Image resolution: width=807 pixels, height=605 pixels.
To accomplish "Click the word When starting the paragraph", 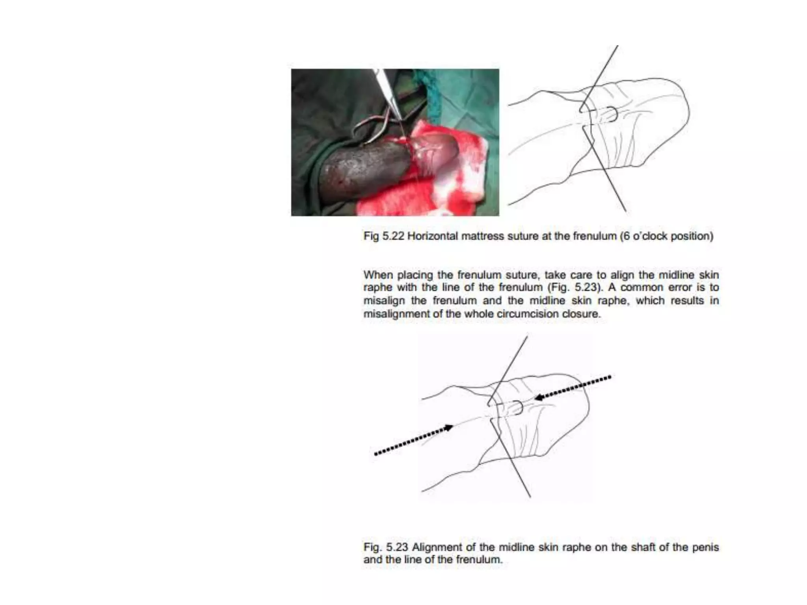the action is (377, 275).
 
